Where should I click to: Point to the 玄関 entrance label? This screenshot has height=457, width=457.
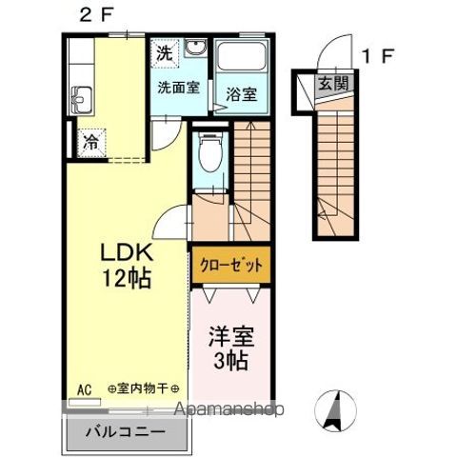(333, 84)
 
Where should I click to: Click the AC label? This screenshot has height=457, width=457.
(85, 388)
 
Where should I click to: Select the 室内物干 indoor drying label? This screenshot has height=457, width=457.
(143, 388)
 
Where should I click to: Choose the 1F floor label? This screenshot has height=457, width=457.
(379, 56)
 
